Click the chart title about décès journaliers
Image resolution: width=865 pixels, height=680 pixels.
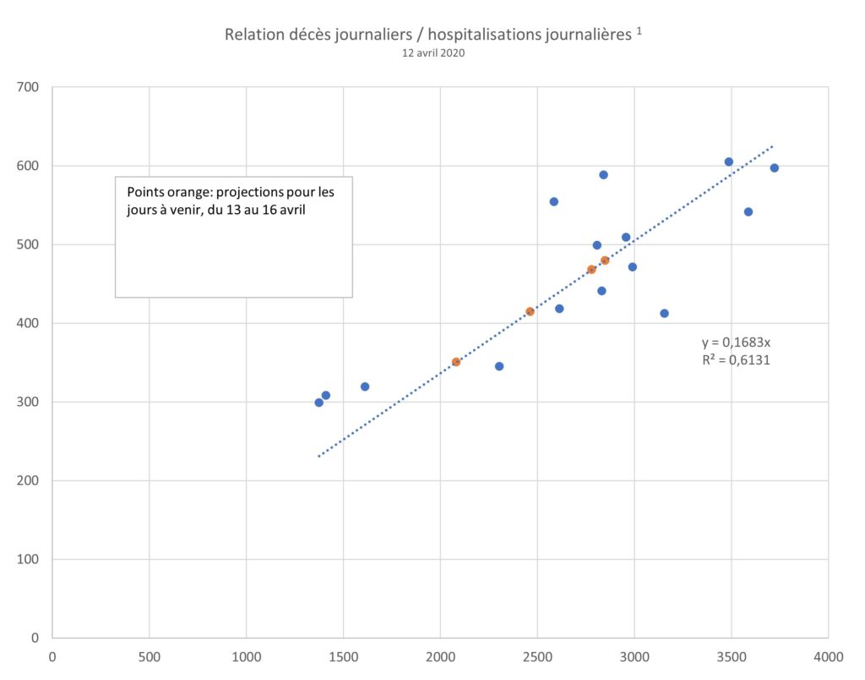pyautogui.click(x=428, y=34)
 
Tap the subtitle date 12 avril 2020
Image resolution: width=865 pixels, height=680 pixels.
pyautogui.click(x=433, y=53)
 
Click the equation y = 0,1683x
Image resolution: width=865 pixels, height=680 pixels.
pyautogui.click(x=736, y=343)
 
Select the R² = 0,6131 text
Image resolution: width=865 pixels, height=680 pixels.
pyautogui.click(x=736, y=360)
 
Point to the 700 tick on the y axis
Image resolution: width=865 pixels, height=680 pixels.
pyautogui.click(x=28, y=87)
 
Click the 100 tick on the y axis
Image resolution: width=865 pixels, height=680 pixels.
pyautogui.click(x=28, y=559)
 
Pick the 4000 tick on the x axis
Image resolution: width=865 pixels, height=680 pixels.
pyautogui.click(x=828, y=657)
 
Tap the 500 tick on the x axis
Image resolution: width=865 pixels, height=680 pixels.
pyautogui.click(x=149, y=657)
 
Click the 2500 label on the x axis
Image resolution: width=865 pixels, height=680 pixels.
pyautogui.click(x=537, y=657)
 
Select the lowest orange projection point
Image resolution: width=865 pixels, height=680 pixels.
pyautogui.click(x=456, y=362)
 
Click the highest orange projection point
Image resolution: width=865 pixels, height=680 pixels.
pyautogui.click(x=605, y=260)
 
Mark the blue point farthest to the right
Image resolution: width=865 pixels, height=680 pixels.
pyautogui.click(x=775, y=168)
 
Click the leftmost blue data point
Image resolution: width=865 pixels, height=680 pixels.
pyautogui.click(x=318, y=403)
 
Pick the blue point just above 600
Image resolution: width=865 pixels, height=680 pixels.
pyautogui.click(x=729, y=162)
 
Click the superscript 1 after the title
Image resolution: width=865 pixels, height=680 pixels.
pyautogui.click(x=639, y=30)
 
